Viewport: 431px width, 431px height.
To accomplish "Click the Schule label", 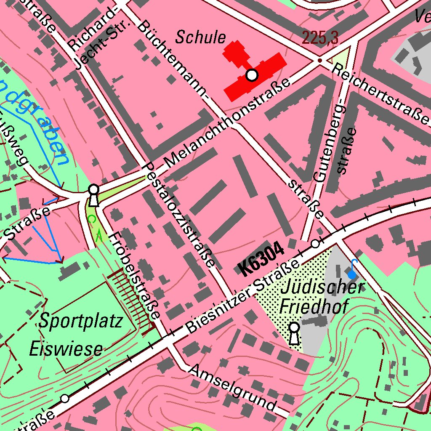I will click(201, 37).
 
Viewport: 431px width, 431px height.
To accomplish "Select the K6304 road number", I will click(261, 261).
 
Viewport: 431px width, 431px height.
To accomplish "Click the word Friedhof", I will click(314, 306).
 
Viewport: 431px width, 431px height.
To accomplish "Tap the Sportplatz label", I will click(81, 321).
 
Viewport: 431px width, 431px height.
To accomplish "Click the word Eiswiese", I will click(66, 349).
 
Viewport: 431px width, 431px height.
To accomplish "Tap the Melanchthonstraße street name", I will click(227, 122).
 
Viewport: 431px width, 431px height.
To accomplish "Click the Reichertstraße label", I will click(381, 94).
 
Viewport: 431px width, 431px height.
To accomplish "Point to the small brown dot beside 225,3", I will click(319, 61).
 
